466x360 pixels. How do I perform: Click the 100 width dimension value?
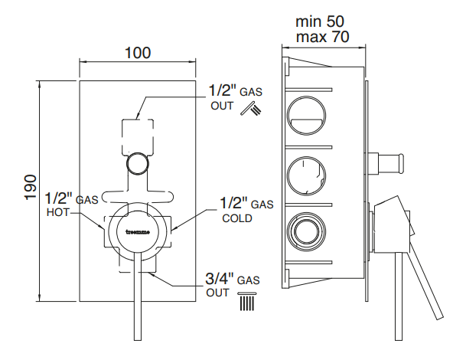(138, 53)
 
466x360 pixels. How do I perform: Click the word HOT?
(57, 214)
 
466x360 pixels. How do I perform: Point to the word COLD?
(236, 218)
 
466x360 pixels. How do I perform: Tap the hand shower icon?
(249, 110)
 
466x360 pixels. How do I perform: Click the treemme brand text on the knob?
(138, 227)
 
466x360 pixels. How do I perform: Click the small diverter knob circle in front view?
(138, 162)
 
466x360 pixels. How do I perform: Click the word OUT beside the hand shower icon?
(222, 106)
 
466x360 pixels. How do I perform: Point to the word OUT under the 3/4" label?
(217, 293)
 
